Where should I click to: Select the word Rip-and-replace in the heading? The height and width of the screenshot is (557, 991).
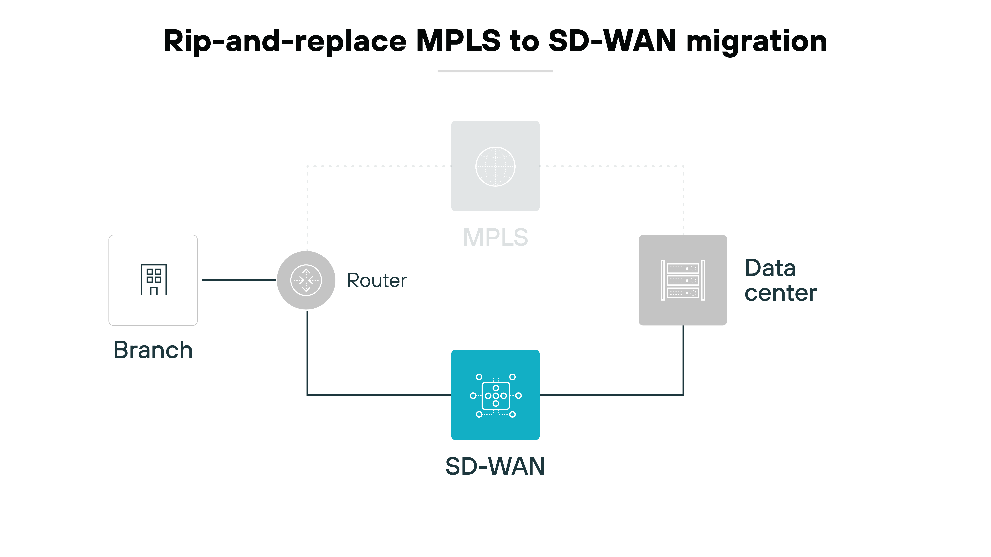tap(285, 42)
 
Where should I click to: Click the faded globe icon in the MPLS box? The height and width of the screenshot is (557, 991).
tap(495, 166)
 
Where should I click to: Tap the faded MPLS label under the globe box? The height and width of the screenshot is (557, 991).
tap(495, 237)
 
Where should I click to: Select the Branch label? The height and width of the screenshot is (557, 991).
tap(153, 350)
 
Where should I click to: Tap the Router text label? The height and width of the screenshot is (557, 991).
tap(377, 280)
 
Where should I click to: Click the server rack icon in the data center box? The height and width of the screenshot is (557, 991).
tap(682, 280)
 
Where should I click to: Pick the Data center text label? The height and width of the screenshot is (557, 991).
tap(780, 280)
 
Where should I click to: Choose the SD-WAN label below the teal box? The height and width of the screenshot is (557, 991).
tap(495, 466)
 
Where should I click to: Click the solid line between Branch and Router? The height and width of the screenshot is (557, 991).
tap(239, 280)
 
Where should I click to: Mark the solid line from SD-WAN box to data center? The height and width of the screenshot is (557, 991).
tap(616, 394)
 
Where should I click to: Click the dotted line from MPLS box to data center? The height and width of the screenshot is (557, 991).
tap(616, 166)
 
